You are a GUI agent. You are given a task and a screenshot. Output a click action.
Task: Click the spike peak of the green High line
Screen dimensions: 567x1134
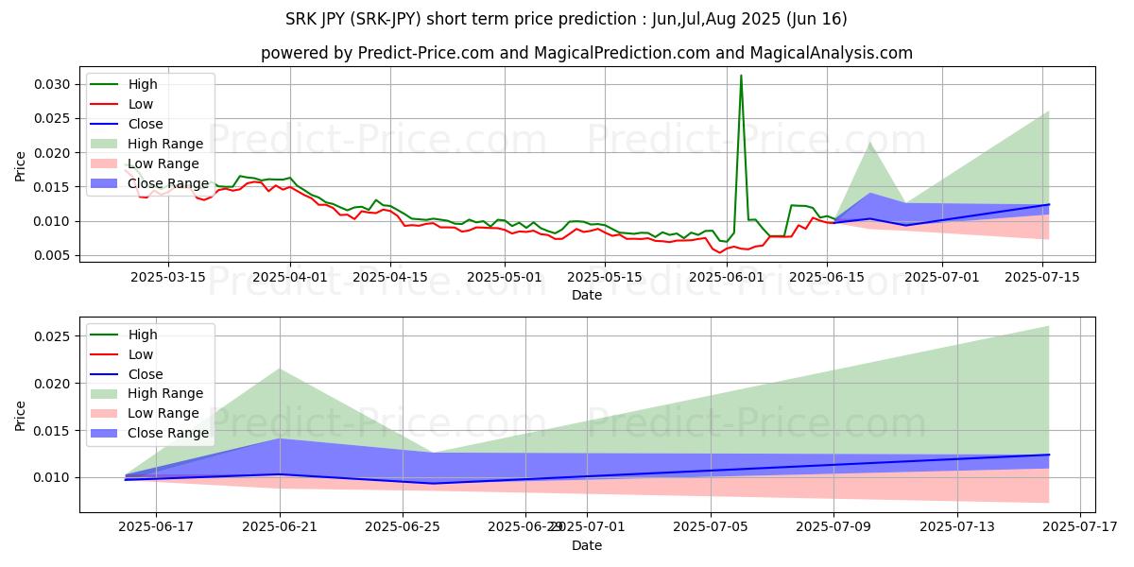pos(741,76)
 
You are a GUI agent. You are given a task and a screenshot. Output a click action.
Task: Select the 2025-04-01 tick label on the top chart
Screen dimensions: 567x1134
pos(290,277)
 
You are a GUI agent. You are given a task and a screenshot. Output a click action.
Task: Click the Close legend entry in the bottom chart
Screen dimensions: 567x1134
pos(145,374)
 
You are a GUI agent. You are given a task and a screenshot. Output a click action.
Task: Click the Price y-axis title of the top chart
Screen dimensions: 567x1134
pos(21,166)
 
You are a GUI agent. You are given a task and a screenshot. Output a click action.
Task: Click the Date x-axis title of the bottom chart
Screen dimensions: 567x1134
pos(587,545)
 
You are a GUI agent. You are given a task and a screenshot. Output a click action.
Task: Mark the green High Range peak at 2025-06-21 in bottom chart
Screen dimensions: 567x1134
pos(281,369)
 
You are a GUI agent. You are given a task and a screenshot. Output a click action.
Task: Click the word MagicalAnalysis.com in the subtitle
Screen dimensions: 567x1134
pos(820,53)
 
